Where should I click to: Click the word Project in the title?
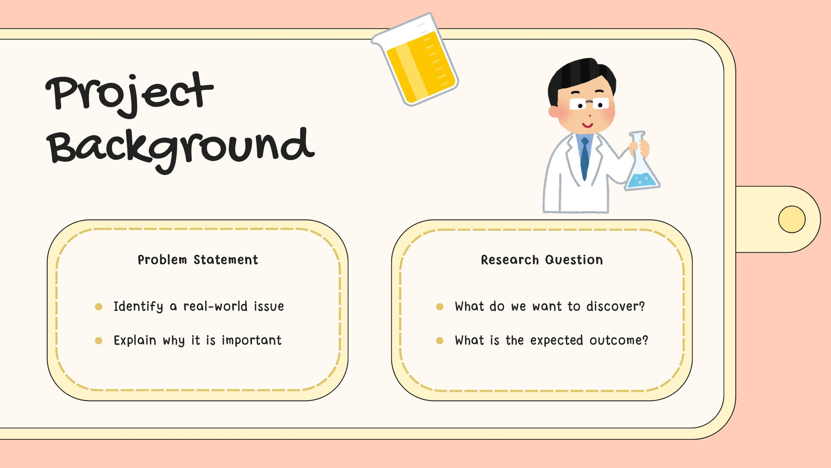(129, 95)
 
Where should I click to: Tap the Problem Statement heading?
(198, 259)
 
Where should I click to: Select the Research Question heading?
(542, 259)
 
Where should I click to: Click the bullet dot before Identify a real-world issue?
(99, 306)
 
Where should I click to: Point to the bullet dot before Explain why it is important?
(99, 341)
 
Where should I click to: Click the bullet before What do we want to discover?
(439, 306)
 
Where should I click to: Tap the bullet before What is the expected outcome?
(439, 341)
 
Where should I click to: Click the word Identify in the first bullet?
(138, 307)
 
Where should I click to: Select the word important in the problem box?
(251, 340)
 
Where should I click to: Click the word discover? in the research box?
(616, 306)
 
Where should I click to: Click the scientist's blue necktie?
(585, 159)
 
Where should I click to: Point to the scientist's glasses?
(589, 104)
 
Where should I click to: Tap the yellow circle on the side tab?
(792, 219)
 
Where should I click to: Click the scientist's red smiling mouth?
(587, 125)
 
